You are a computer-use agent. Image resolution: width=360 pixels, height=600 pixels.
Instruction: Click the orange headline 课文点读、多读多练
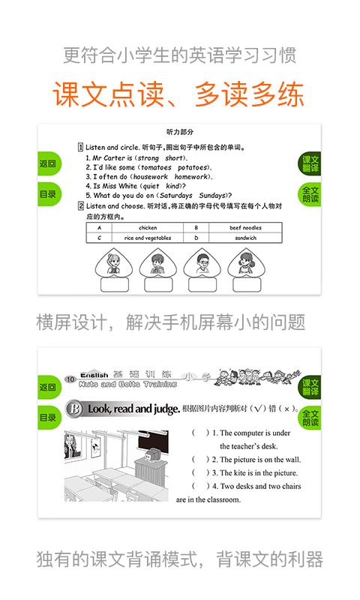pyautogui.click(x=178, y=94)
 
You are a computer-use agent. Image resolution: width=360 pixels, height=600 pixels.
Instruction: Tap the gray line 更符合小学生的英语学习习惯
pyautogui.click(x=179, y=55)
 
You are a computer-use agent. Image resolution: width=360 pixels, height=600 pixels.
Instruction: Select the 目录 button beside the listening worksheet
pyautogui.click(x=48, y=194)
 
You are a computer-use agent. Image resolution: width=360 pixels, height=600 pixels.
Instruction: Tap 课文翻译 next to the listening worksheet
pyautogui.click(x=310, y=163)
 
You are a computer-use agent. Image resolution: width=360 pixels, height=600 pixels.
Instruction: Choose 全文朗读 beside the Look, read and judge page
pyautogui.click(x=310, y=418)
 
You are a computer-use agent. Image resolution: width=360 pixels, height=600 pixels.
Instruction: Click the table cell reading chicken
pyautogui.click(x=148, y=227)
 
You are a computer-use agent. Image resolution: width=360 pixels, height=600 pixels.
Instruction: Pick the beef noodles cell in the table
pyautogui.click(x=244, y=227)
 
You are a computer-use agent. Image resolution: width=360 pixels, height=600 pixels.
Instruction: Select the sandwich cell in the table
pyautogui.click(x=244, y=238)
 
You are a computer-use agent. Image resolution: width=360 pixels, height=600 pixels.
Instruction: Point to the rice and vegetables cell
pyautogui.click(x=148, y=238)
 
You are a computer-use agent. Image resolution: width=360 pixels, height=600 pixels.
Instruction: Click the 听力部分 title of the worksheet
pyautogui.click(x=179, y=132)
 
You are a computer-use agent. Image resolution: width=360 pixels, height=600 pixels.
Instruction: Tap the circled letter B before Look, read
pyautogui.click(x=74, y=409)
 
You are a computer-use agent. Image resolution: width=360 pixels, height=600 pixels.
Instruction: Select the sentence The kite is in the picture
pyautogui.click(x=254, y=473)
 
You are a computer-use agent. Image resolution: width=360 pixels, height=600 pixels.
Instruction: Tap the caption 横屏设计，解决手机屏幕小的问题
pyautogui.click(x=171, y=322)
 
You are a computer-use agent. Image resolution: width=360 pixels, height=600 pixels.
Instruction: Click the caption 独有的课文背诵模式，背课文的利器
pyautogui.click(x=180, y=559)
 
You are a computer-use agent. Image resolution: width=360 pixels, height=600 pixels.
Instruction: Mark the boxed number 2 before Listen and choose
pyautogui.click(x=80, y=205)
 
